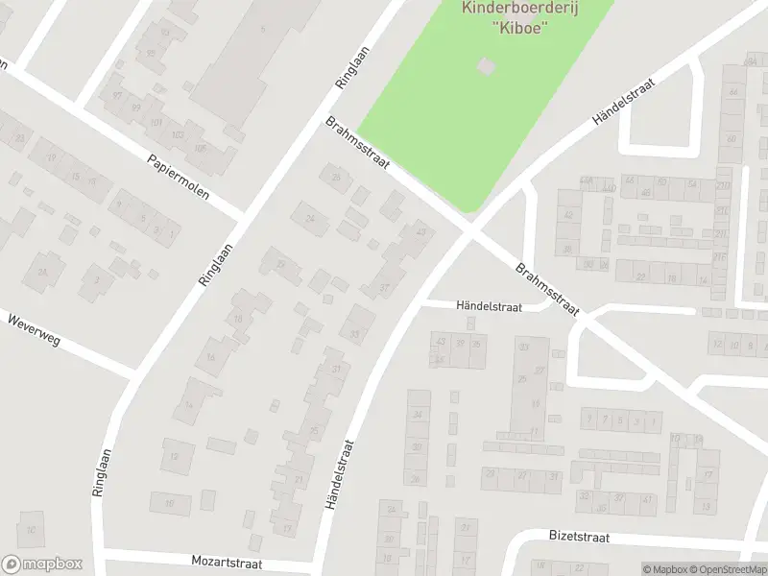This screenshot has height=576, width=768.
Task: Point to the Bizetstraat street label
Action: tap(581, 536)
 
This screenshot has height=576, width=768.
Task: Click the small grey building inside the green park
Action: tap(487, 65)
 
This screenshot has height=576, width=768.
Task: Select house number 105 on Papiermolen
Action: tap(201, 148)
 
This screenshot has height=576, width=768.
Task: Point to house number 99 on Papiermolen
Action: tap(135, 107)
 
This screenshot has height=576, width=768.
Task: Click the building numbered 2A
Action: tap(42, 272)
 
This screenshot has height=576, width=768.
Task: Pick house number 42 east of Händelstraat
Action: tap(567, 215)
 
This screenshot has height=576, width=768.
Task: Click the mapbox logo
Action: tap(43, 564)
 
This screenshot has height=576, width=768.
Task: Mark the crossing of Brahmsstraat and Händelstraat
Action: tap(470, 231)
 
